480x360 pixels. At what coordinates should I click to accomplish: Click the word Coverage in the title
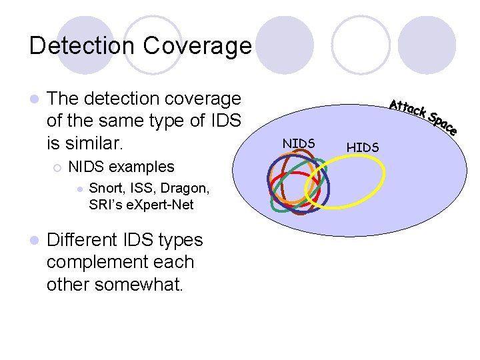pyautogui.click(x=198, y=45)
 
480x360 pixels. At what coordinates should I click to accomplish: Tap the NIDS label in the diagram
pyautogui.click(x=299, y=143)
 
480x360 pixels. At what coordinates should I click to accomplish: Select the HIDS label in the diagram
pyautogui.click(x=363, y=147)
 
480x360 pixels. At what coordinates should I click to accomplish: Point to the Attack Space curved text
pyautogui.click(x=423, y=115)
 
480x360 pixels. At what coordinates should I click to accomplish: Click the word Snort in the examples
pyautogui.click(x=105, y=188)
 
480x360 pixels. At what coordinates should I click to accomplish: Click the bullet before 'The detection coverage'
pyautogui.click(x=33, y=99)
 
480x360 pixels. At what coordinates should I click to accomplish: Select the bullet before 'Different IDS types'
pyautogui.click(x=33, y=241)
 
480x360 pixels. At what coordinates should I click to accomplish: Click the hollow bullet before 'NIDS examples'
pyautogui.click(x=58, y=167)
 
